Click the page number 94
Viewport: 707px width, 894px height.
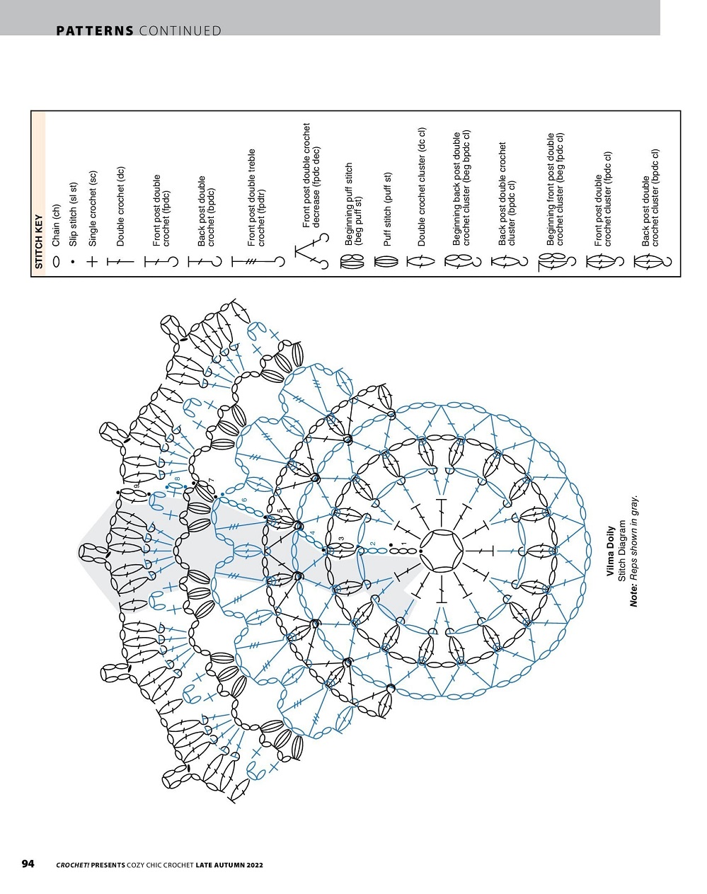point(28,864)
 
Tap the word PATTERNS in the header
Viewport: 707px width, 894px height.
point(95,30)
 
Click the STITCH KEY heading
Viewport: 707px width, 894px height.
point(39,241)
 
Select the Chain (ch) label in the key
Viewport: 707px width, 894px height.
point(56,225)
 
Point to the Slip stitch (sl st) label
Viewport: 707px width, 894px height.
point(73,214)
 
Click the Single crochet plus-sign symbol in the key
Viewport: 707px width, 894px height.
point(92,262)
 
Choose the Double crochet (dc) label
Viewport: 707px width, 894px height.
point(120,207)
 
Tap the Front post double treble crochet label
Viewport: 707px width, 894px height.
point(257,197)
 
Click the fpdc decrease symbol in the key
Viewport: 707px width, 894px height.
point(311,251)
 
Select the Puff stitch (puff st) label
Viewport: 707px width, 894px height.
point(388,210)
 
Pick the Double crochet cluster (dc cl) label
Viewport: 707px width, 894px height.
point(422,187)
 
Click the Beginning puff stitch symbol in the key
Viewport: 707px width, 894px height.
point(352,262)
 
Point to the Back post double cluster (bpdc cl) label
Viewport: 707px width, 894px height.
point(650,197)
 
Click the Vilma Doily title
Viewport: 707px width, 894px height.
point(610,551)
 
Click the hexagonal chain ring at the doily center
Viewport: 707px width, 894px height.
point(441,551)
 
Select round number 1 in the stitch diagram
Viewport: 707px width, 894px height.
point(403,544)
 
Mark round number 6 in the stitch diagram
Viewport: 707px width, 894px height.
point(245,500)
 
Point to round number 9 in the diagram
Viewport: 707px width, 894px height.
point(136,486)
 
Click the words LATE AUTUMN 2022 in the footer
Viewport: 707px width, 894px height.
point(229,865)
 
